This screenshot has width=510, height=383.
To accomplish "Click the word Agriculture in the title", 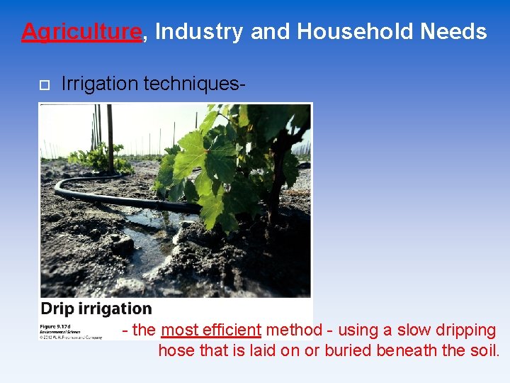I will (81, 32).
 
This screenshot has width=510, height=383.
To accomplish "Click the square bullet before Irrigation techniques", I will (43, 85).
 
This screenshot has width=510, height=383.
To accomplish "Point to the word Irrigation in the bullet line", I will (100, 84).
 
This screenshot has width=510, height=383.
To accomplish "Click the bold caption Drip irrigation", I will (96, 309).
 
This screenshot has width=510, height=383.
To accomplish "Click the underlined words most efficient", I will (211, 330).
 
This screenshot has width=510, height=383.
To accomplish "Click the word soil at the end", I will (485, 350).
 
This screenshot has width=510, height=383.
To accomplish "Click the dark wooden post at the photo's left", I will (110, 138).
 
